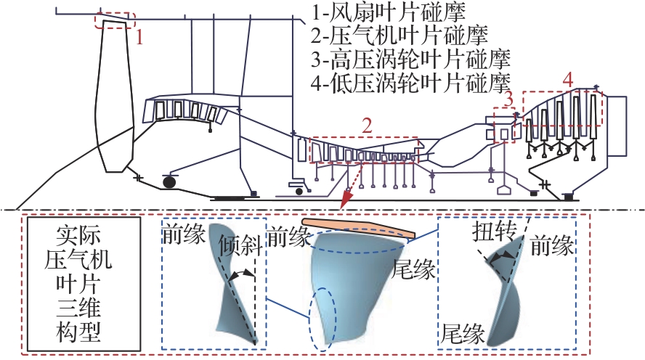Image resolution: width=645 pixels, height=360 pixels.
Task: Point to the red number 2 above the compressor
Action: tap(368, 126)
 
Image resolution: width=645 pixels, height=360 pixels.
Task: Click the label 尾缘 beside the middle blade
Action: tap(413, 271)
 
